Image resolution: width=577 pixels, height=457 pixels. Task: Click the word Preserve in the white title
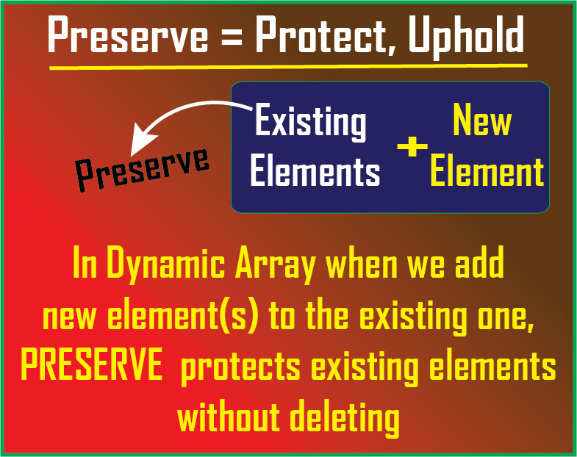tap(127, 35)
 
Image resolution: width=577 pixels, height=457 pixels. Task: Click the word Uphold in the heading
tap(466, 37)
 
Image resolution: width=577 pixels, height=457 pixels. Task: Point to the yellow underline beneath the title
tap(288, 67)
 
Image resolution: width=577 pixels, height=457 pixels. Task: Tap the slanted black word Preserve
tap(142, 169)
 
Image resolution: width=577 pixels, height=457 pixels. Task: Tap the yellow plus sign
tap(412, 146)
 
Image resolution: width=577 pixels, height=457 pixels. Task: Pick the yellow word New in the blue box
tap(482, 119)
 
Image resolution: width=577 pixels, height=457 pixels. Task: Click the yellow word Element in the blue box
tap(487, 170)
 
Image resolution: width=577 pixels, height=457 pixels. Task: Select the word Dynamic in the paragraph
tap(166, 264)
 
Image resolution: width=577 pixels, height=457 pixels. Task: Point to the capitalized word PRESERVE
tap(92, 364)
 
